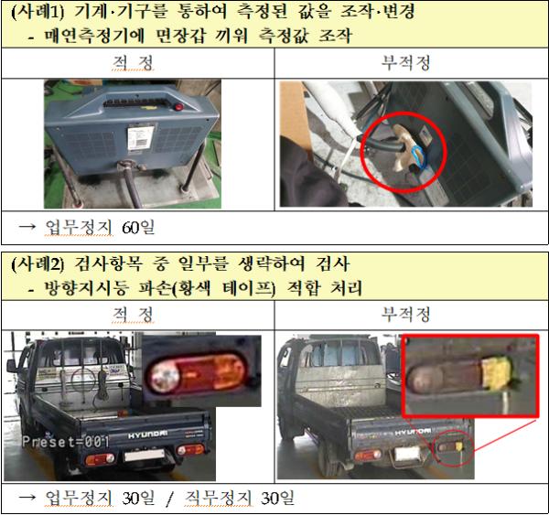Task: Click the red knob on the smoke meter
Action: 179,107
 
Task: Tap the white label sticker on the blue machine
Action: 140,138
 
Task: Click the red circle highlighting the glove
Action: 404,152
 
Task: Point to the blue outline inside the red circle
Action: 419,156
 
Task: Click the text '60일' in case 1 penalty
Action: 138,228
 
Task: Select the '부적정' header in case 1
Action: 405,63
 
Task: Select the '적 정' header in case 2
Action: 133,314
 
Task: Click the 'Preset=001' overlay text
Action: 66,442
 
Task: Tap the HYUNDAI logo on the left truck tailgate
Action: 147,435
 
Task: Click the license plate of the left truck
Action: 145,456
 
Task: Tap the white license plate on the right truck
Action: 407,454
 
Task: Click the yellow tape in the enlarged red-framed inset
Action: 496,371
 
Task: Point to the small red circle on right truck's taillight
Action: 455,448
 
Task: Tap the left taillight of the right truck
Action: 368,455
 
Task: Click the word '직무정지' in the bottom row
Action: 218,498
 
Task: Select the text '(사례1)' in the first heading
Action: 38,12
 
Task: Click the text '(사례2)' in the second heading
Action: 38,263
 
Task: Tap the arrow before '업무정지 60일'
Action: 27,227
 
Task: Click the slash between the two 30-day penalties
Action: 169,499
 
